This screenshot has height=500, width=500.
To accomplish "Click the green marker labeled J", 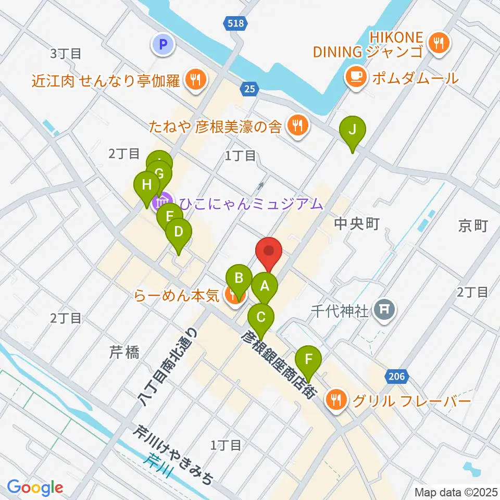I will point(353,130).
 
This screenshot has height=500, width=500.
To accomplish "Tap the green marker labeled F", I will point(308,359).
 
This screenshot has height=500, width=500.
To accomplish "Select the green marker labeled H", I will point(147,185).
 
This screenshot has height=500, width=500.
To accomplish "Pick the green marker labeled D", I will point(179,231).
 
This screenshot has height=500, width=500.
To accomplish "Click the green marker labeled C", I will point(261,317).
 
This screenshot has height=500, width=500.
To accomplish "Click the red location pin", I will point(269,253).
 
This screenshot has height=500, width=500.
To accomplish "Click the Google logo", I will point(35,488).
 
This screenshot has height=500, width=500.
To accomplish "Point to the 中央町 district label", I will point(357,224).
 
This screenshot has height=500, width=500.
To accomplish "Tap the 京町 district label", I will point(472,225).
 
